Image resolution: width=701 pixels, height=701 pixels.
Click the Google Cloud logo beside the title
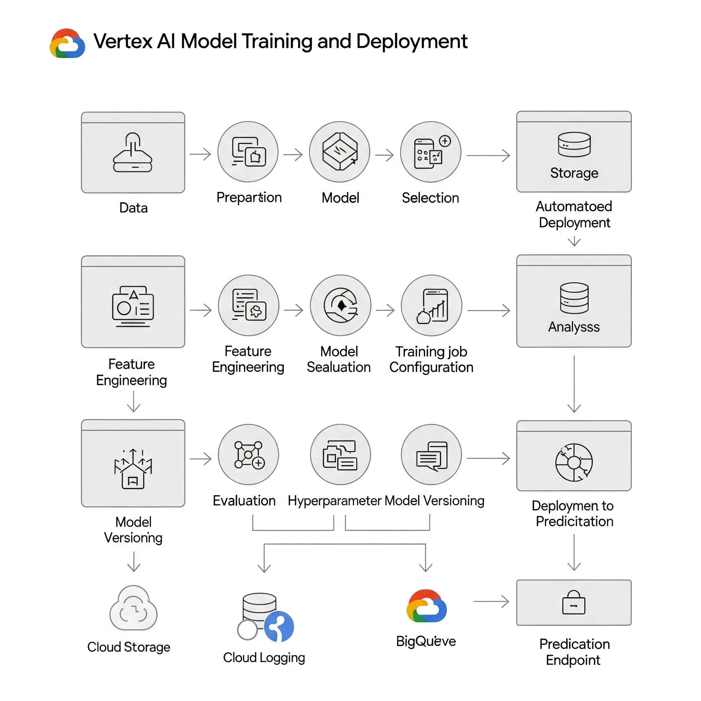pos(67,43)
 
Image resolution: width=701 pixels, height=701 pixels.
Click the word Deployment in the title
pos(411,41)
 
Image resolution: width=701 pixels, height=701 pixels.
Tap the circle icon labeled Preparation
pos(248,152)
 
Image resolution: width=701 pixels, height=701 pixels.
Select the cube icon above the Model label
pos(340,152)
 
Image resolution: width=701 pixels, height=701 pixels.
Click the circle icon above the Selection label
pos(431,152)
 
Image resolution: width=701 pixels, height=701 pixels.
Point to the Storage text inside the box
pos(574,173)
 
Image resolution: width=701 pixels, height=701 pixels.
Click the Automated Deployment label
pos(574,214)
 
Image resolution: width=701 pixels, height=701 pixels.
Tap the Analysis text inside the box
pos(574,327)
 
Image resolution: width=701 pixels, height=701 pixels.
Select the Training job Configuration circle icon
pos(431,306)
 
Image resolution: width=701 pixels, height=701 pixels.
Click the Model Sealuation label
pos(339,359)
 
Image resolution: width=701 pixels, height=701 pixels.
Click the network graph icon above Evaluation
pos(248,455)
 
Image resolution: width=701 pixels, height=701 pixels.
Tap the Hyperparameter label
pos(334,501)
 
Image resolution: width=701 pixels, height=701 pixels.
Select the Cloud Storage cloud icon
pos(133,609)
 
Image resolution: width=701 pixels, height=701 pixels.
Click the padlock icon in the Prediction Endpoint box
pos(574,603)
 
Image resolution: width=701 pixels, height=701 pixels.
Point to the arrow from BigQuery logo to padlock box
pos(491,602)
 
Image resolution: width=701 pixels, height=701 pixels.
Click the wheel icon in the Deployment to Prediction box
pos(574,462)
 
